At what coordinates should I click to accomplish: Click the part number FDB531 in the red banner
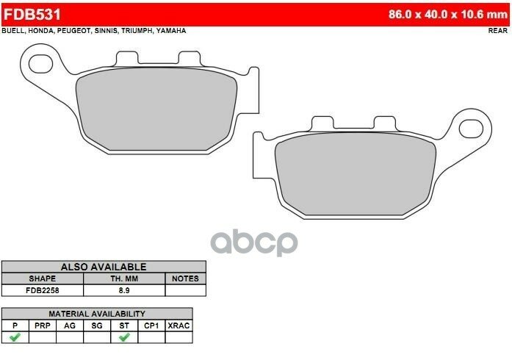coord(32,15)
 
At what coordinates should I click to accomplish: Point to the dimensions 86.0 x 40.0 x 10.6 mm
coord(447,15)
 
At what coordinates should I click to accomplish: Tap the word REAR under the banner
coord(498,31)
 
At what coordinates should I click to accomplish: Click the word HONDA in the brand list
coord(41,31)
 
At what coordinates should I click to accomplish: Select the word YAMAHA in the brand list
coord(171,31)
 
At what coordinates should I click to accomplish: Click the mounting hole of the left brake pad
coord(41,64)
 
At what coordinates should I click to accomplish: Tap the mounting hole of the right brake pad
coord(471,129)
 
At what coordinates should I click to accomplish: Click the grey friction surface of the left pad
coord(156,109)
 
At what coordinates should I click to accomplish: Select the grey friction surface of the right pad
coord(356,174)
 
